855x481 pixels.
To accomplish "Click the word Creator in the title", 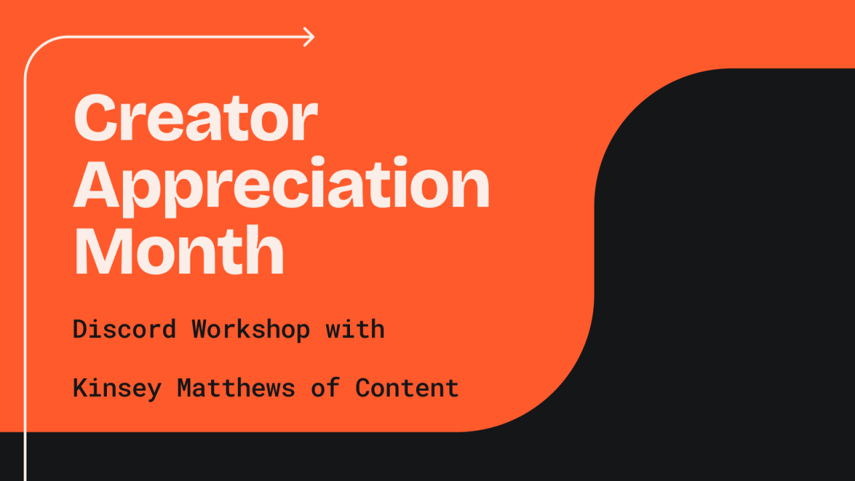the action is pyautogui.click(x=196, y=118).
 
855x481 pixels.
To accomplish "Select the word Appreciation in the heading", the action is pyautogui.click(x=281, y=187).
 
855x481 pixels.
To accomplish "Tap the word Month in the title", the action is pyautogui.click(x=179, y=250).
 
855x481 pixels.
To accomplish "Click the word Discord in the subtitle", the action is pyautogui.click(x=124, y=329).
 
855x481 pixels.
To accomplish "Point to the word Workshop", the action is pyautogui.click(x=250, y=330).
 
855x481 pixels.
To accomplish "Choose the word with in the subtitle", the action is pyautogui.click(x=355, y=329).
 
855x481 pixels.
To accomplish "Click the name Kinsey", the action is pyautogui.click(x=117, y=389).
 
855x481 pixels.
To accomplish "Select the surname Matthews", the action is pyautogui.click(x=236, y=388).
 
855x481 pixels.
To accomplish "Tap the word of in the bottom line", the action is pyautogui.click(x=325, y=388).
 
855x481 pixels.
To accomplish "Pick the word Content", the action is pyautogui.click(x=407, y=388).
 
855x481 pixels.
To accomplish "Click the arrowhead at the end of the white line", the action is pyautogui.click(x=309, y=37).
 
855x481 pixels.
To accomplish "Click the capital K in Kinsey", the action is pyautogui.click(x=80, y=388).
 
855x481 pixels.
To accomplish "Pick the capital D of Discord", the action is pyautogui.click(x=80, y=329).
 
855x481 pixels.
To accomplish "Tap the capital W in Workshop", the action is pyautogui.click(x=199, y=329).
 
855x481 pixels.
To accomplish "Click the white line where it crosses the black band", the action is pyautogui.click(x=25, y=456).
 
